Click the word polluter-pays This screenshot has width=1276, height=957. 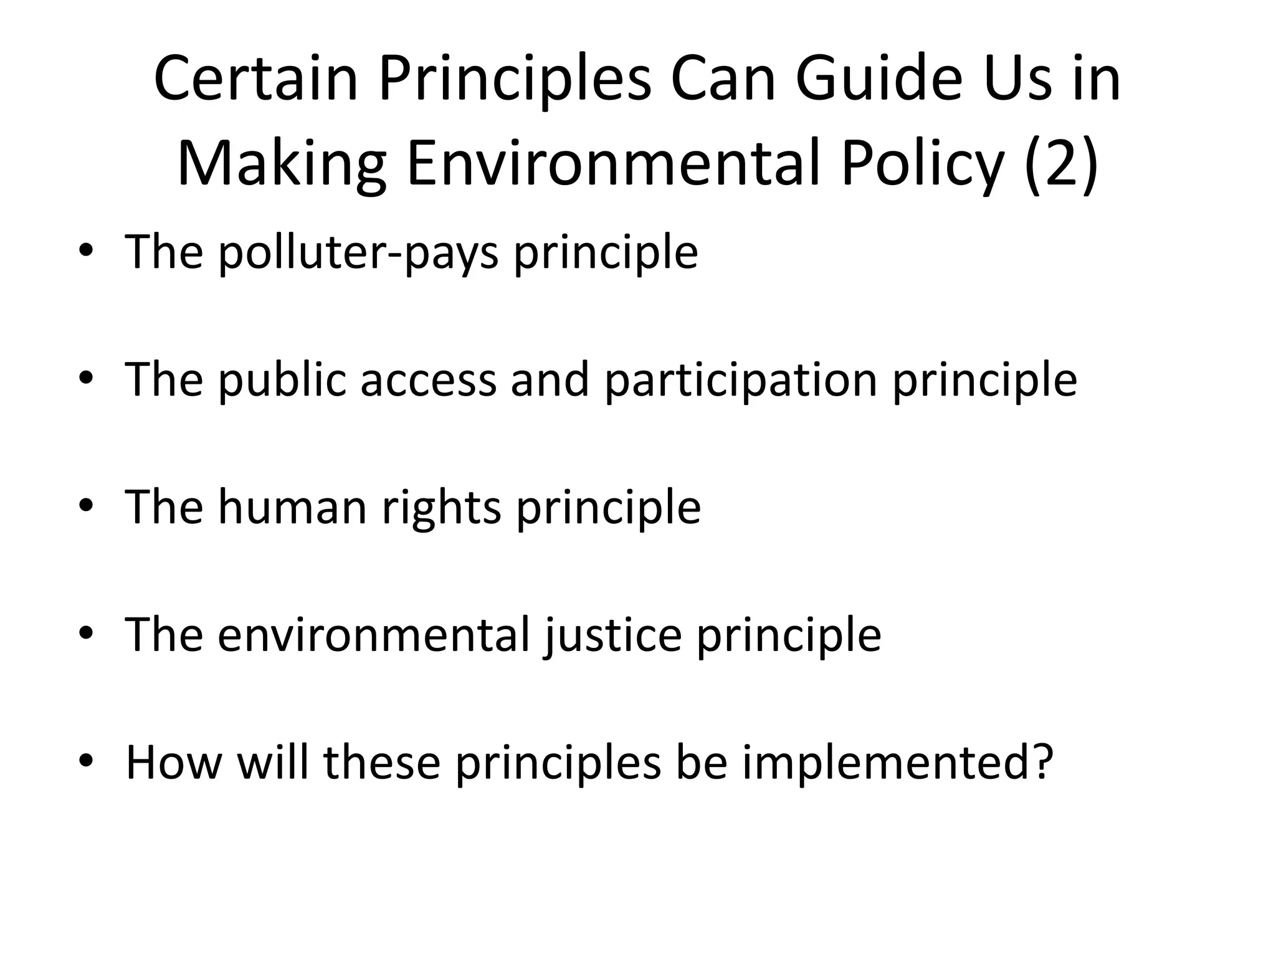pos(358,252)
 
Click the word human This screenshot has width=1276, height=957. pos(292,507)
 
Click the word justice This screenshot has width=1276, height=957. pos(612,636)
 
